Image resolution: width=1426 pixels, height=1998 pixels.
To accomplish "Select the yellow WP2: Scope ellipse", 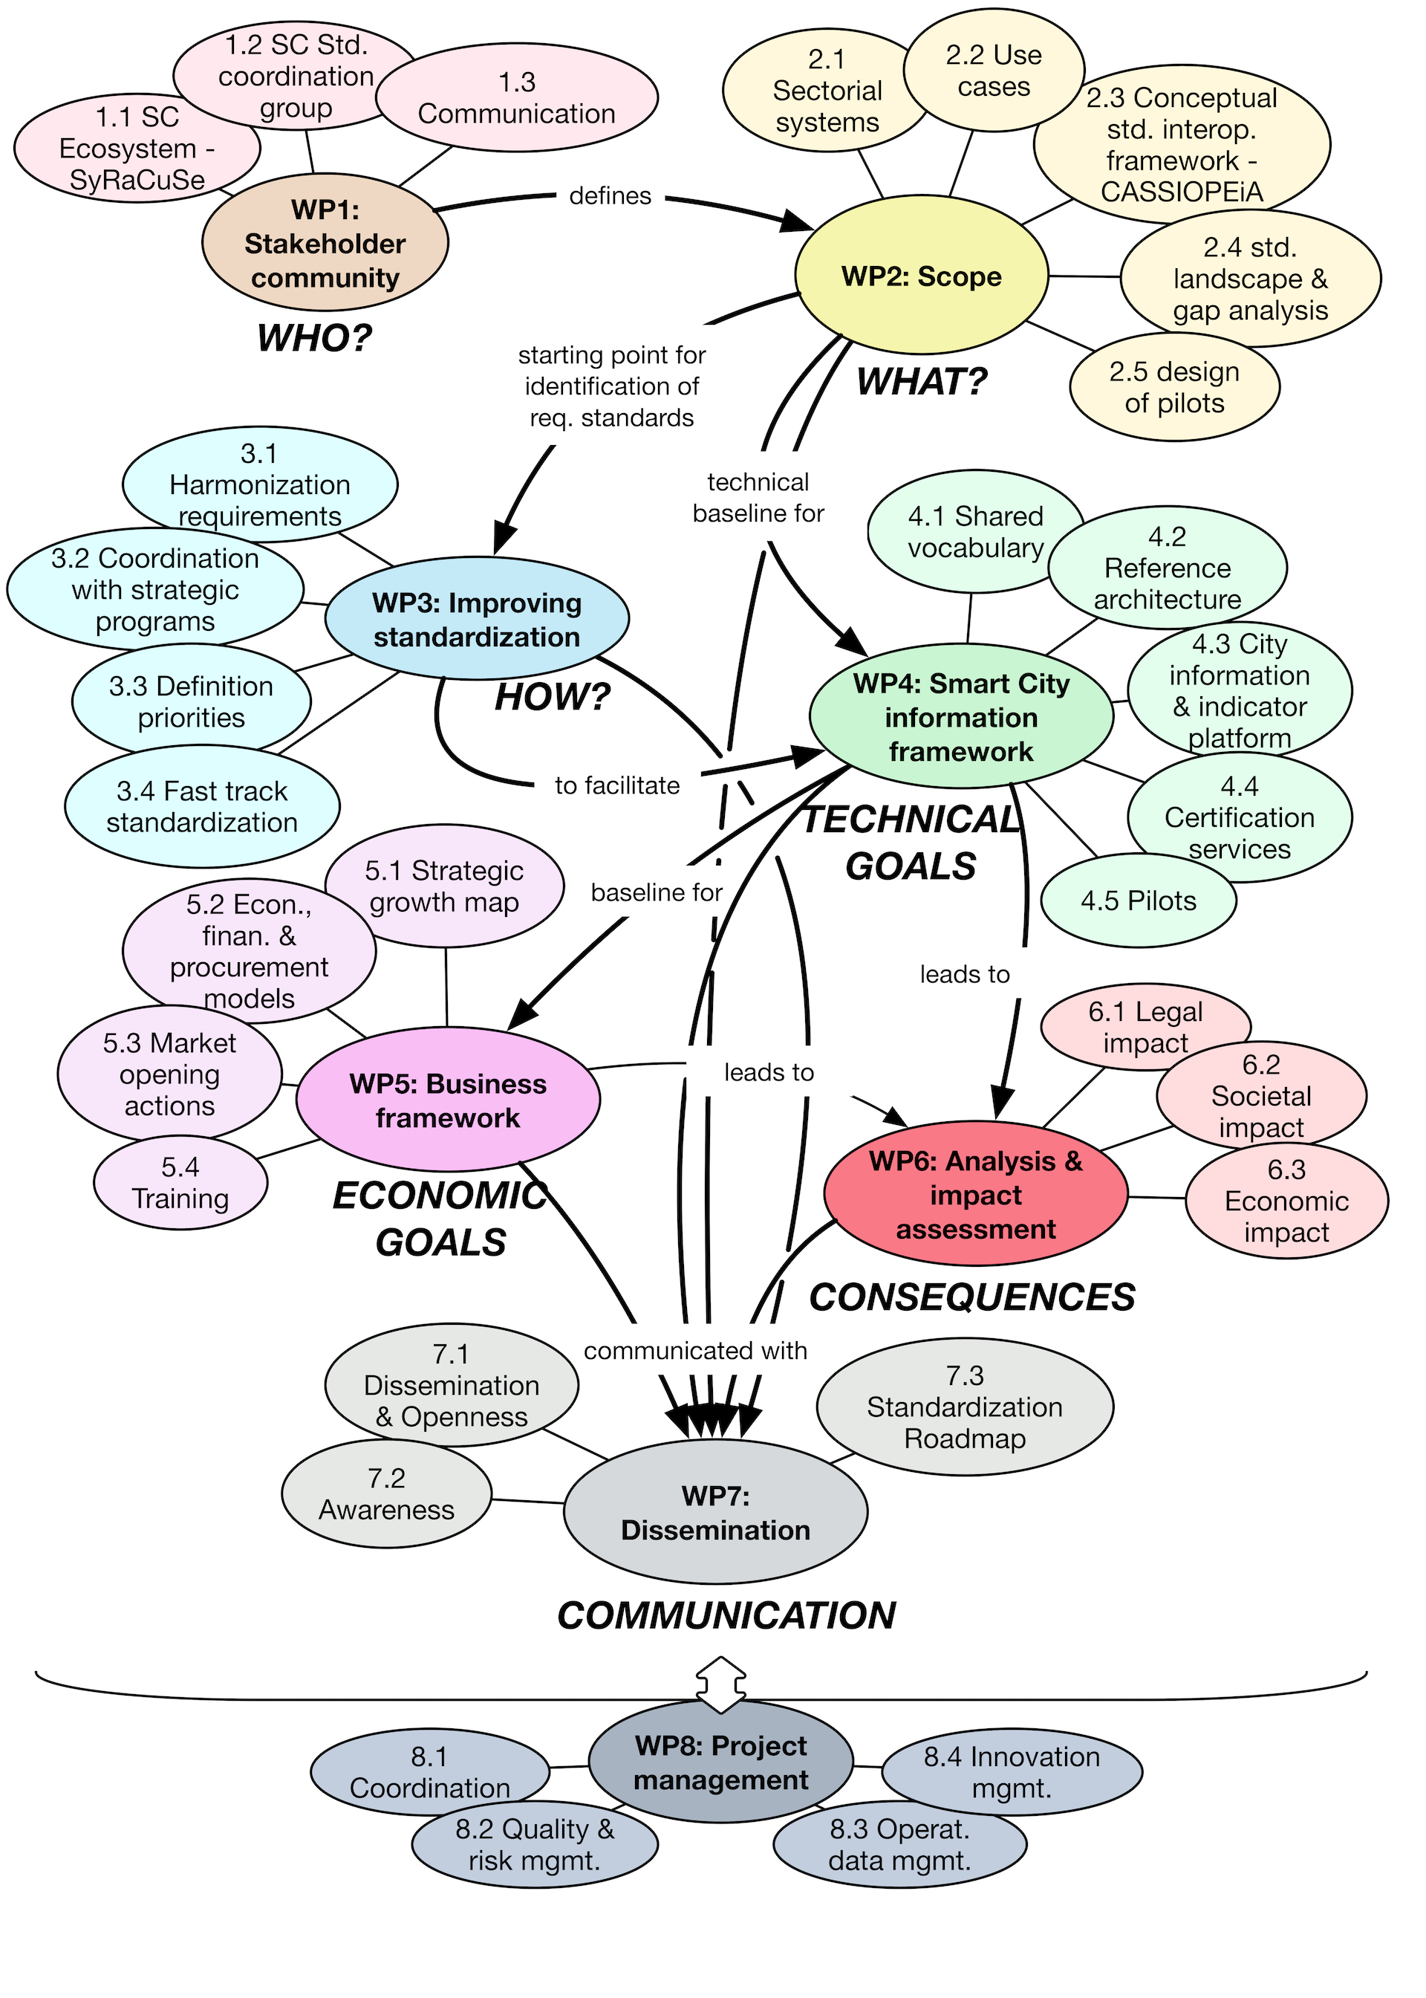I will coord(921,276).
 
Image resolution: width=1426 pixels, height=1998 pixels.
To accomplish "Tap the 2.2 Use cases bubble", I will coord(993,71).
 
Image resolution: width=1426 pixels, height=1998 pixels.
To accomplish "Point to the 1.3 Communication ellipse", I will coord(516,98).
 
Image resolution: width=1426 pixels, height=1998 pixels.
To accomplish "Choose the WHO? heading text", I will coord(314,338).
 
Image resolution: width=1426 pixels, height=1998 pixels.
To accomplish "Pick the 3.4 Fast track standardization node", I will coord(202,807).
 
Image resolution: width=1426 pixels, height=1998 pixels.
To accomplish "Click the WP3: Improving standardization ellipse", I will coord(477,619).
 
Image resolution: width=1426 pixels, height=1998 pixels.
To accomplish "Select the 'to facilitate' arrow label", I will coord(617,785).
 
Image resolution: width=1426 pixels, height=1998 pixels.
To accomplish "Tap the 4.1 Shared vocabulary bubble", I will coord(974,532).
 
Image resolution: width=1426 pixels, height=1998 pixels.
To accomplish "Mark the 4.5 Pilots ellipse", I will coord(1138,901).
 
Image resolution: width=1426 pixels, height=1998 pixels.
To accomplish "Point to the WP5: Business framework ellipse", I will coord(448,1100).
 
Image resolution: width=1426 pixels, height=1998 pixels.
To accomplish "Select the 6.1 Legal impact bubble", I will coord(1145,1028).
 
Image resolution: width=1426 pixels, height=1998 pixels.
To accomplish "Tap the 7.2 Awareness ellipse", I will coord(386,1495).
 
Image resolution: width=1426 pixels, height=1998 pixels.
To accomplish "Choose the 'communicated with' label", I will coord(695,1351).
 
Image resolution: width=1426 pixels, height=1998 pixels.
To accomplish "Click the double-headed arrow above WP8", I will coord(721,1684).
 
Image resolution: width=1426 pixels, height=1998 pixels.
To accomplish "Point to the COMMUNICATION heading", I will coord(726,1616).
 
